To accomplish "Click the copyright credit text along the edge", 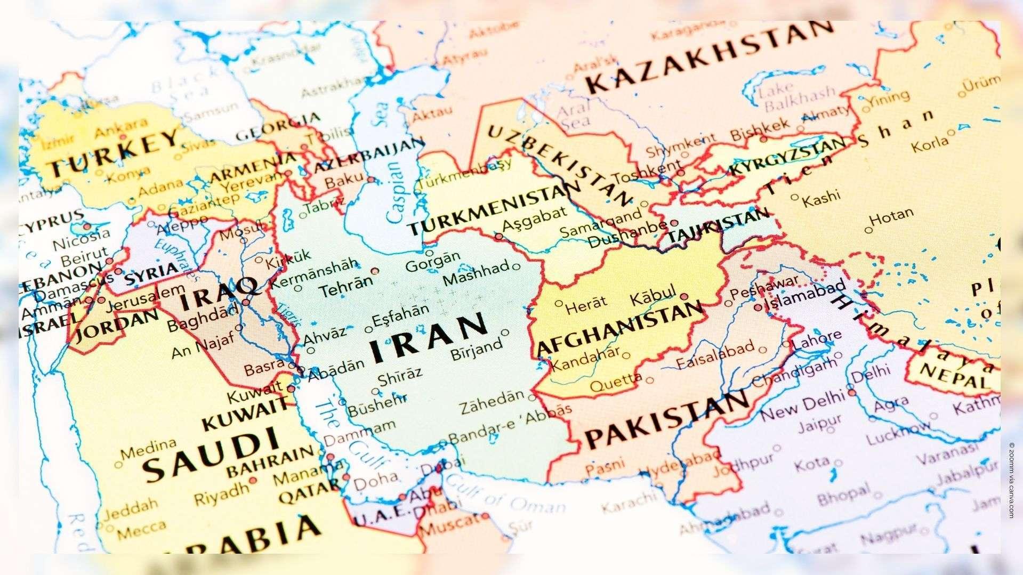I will tap(1011, 480).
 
